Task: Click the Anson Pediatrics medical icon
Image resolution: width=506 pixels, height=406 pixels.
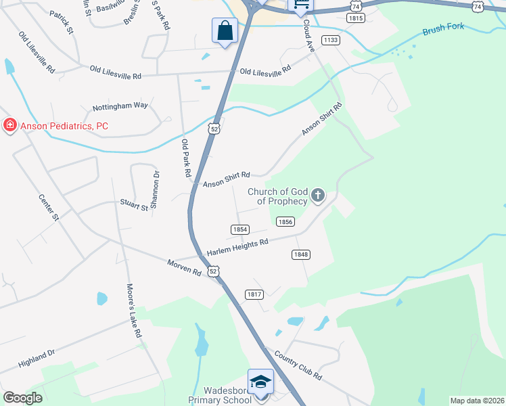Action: pyautogui.click(x=9, y=126)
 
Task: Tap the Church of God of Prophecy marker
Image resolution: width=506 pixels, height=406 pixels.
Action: pyautogui.click(x=318, y=196)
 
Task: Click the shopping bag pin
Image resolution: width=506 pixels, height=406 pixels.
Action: pyautogui.click(x=225, y=31)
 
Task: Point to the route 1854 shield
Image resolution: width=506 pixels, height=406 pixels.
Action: pyautogui.click(x=239, y=230)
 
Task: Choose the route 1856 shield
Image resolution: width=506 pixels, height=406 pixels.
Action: pyautogui.click(x=285, y=221)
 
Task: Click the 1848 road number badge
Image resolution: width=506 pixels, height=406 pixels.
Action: pyautogui.click(x=301, y=254)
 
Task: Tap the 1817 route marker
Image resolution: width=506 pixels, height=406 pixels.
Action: pyautogui.click(x=254, y=294)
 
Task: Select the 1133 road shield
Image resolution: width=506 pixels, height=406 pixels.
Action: pyautogui.click(x=330, y=41)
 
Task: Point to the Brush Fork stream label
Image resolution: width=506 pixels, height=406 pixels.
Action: pyautogui.click(x=444, y=31)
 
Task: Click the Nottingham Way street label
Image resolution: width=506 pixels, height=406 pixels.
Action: pyautogui.click(x=120, y=106)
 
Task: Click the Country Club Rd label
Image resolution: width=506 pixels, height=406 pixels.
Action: pyautogui.click(x=298, y=366)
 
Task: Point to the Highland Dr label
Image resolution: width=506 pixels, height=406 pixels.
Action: pyautogui.click(x=37, y=359)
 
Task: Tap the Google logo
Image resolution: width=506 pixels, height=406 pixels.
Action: pyautogui.click(x=22, y=398)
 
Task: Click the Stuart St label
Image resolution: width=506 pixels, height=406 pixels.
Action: pyautogui.click(x=134, y=206)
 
